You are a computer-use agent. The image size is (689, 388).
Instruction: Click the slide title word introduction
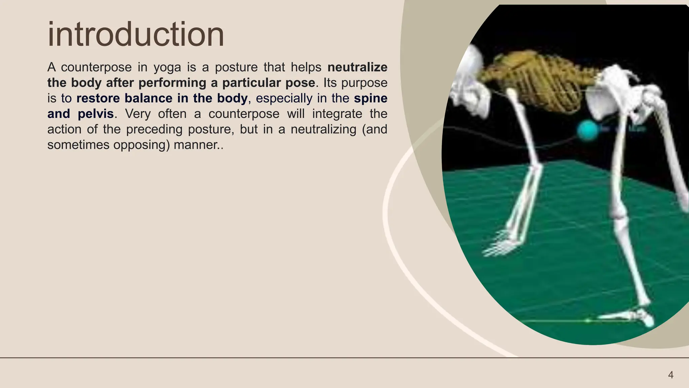point(136,34)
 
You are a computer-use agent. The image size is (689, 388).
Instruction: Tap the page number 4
point(670,375)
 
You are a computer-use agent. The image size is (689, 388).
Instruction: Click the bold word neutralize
point(357,67)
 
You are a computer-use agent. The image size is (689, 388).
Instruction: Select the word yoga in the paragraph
point(167,67)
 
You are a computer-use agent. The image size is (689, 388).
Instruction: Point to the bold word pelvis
point(96,114)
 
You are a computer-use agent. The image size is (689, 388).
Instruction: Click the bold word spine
point(370,98)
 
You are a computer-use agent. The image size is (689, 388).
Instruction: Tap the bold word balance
point(148,98)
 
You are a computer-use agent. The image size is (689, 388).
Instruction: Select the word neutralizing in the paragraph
point(323,129)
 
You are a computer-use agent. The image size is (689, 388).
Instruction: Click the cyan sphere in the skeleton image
point(587,130)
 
